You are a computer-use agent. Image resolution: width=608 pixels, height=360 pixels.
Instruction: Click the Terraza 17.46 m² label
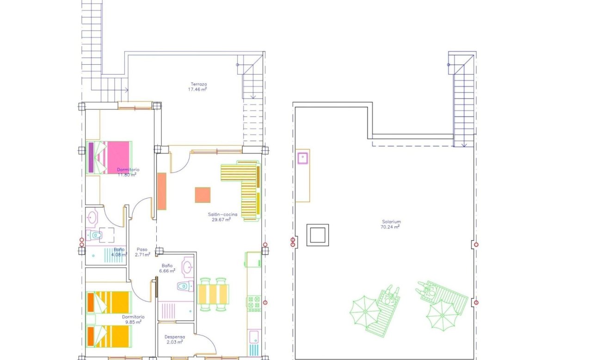[x=197, y=86]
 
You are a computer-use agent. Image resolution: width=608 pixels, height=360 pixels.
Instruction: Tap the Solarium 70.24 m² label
[x=391, y=224]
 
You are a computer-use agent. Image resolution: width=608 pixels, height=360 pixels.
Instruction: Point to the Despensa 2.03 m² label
[x=175, y=340]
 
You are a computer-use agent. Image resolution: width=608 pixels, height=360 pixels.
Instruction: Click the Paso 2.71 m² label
[x=142, y=252]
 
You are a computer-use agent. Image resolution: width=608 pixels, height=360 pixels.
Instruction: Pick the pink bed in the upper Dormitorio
[x=113, y=157]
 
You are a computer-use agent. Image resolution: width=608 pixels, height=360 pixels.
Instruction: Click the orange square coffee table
[x=203, y=195]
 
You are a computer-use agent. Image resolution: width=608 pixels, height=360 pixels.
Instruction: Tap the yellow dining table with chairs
[x=213, y=294]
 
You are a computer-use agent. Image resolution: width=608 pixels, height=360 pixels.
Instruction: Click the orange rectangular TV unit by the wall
[x=162, y=191]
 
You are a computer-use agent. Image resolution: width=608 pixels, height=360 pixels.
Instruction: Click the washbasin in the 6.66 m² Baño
[x=188, y=267]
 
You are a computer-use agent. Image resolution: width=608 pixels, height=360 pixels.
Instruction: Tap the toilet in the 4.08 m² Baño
[x=95, y=236]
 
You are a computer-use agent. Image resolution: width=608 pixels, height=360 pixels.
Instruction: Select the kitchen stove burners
[x=253, y=303]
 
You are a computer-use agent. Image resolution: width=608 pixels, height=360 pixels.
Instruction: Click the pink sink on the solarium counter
[x=303, y=158]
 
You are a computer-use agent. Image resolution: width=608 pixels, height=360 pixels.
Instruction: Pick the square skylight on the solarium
[x=318, y=235]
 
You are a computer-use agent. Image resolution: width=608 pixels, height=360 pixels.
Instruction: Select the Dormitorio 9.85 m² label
[x=132, y=319]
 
